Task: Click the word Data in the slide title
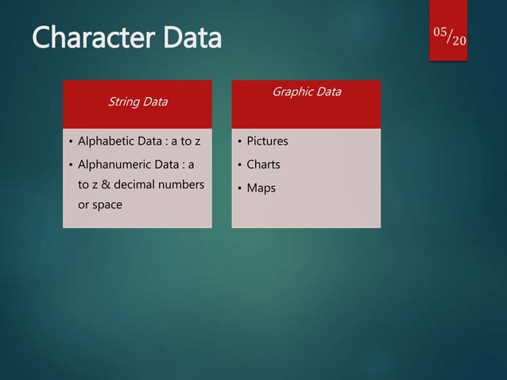(190, 37)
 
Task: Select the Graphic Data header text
(307, 91)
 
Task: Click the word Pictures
(267, 142)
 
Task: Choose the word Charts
(263, 165)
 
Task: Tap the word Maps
(261, 189)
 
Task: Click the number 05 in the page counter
(440, 30)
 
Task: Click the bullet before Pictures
(238, 142)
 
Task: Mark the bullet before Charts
(238, 166)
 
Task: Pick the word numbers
(182, 186)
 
